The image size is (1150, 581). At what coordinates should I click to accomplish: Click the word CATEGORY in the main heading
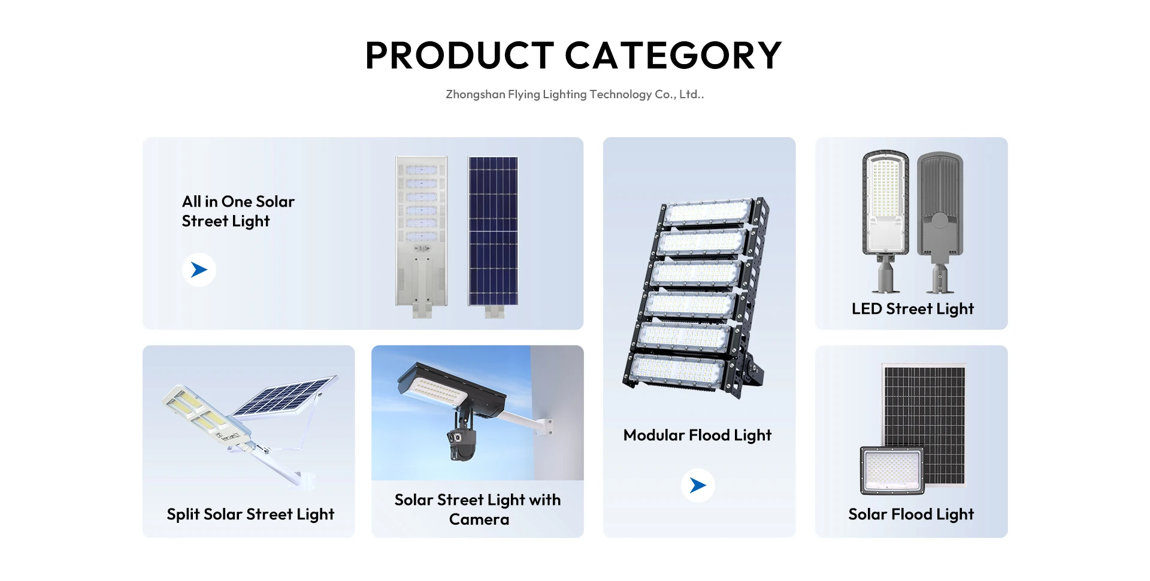click(x=673, y=55)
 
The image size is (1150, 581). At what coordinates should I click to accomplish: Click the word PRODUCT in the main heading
click(x=459, y=55)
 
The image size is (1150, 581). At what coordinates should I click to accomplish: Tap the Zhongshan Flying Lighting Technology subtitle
click(x=575, y=94)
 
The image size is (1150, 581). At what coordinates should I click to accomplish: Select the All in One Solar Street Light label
click(x=238, y=211)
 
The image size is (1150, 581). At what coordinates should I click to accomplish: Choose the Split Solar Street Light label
click(x=250, y=515)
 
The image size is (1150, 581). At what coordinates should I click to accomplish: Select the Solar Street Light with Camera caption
click(x=478, y=509)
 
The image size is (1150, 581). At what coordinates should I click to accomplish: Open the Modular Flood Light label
click(x=697, y=435)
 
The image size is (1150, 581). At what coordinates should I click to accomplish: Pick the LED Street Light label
click(x=913, y=309)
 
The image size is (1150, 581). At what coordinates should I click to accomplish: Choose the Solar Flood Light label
click(x=911, y=515)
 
